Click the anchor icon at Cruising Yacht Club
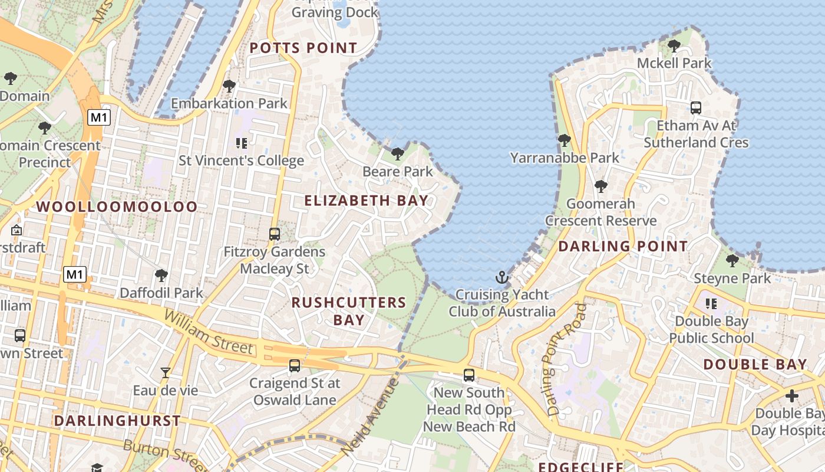pos(501,277)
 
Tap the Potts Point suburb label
pos(303,48)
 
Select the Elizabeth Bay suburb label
pos(366,201)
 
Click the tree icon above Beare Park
pos(398,155)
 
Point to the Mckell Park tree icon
pos(674,46)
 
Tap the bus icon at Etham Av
pos(696,108)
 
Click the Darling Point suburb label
pos(623,247)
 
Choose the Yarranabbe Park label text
pos(565,158)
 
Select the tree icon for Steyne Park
pos(732,261)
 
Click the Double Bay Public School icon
pos(711,304)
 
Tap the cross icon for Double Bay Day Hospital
pos(792,396)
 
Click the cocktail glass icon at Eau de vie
pos(166,373)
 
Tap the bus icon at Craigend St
pos(295,366)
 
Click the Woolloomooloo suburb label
pos(117,207)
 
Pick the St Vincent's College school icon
pos(241,143)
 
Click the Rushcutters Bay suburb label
pos(349,311)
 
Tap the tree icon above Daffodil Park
pos(161,276)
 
